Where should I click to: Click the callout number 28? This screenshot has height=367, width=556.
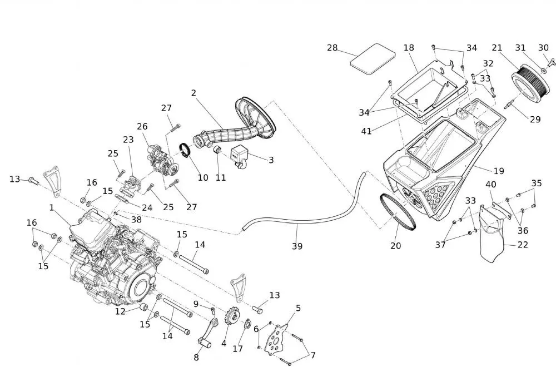[332, 48]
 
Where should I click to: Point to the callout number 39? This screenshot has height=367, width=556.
[297, 246]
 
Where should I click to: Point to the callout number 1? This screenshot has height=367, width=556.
[52, 207]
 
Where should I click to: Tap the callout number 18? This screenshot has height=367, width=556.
[409, 48]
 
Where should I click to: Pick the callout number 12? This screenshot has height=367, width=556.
[121, 311]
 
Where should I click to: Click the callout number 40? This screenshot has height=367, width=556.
[491, 185]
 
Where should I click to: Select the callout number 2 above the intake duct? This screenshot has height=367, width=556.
[193, 93]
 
